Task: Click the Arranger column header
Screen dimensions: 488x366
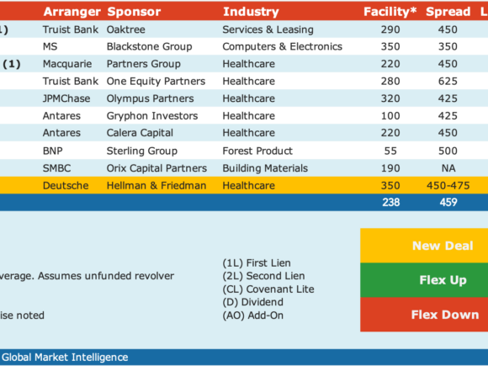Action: (x=72, y=12)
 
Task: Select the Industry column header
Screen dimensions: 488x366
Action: (x=251, y=12)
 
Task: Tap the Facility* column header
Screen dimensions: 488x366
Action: (x=390, y=12)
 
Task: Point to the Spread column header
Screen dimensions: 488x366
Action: (x=448, y=12)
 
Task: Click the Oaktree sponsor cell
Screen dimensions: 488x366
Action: (x=125, y=29)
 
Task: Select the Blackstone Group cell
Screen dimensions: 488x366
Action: (x=150, y=46)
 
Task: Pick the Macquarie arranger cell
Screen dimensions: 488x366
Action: (x=67, y=64)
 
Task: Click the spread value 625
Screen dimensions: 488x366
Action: (x=448, y=82)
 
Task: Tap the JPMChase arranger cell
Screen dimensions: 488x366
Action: (x=66, y=98)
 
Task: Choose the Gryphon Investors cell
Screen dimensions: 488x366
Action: (x=152, y=116)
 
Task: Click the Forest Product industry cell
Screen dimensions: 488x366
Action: (x=257, y=151)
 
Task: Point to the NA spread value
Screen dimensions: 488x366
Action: (x=448, y=168)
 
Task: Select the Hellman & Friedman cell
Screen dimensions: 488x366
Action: (x=156, y=185)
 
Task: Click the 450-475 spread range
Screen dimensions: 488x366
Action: (x=448, y=185)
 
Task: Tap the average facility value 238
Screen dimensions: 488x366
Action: (x=390, y=202)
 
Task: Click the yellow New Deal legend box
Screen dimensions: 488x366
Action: (x=424, y=246)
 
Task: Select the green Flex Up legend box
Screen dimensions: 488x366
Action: (x=424, y=280)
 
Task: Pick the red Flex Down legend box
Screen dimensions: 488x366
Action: (x=424, y=315)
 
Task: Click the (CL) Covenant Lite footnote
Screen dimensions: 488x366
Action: (x=268, y=289)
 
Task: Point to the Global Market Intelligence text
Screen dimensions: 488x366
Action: (x=65, y=358)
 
